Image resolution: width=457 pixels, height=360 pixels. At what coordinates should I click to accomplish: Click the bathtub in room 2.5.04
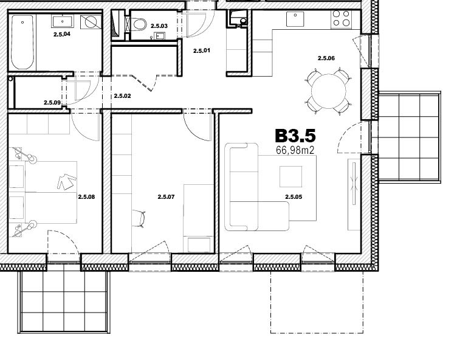pyautogui.click(x=22, y=42)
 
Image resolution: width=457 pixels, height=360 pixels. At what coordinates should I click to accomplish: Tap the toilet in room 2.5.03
pyautogui.click(x=139, y=24)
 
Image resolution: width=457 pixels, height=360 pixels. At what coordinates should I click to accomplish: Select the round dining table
pyautogui.click(x=328, y=91)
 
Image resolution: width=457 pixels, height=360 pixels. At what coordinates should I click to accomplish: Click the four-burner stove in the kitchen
pyautogui.click(x=341, y=18)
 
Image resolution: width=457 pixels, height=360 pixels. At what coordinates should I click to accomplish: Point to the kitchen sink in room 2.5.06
pyautogui.click(x=295, y=19)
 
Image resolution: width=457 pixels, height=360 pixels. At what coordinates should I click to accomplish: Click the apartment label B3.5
pyautogui.click(x=295, y=136)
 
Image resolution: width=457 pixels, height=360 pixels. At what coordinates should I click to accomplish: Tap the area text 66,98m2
pyautogui.click(x=295, y=150)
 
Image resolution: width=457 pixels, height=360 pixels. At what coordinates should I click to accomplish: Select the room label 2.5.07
pyautogui.click(x=166, y=197)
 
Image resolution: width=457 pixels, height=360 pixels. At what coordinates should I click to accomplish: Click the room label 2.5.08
pyautogui.click(x=86, y=197)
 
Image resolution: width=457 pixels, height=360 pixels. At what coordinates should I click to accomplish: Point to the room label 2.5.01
pyautogui.click(x=202, y=50)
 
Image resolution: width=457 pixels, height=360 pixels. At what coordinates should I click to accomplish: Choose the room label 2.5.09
pyautogui.click(x=52, y=103)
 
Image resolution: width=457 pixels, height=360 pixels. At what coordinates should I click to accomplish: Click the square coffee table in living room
pyautogui.click(x=290, y=176)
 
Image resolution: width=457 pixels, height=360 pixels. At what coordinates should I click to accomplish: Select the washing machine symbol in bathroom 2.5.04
pyautogui.click(x=91, y=22)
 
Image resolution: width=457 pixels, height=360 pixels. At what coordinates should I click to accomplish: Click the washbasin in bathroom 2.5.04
pyautogui.click(x=63, y=21)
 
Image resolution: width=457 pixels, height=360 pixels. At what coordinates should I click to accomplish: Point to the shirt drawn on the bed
pyautogui.click(x=67, y=182)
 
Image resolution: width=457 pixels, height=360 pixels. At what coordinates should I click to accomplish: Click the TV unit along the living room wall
pyautogui.click(x=354, y=195)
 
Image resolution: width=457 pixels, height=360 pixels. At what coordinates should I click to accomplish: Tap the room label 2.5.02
pyautogui.click(x=122, y=96)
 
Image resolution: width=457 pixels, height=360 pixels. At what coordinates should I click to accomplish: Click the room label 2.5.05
pyautogui.click(x=294, y=197)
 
